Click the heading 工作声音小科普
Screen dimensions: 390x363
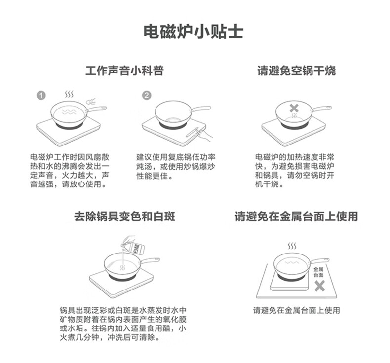(124, 71)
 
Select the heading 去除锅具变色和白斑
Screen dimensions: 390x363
(124, 217)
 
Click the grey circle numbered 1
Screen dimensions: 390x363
(41, 95)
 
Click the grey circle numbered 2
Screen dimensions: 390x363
(147, 95)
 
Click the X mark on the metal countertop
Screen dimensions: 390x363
(320, 286)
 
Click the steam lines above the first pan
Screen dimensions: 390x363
(71, 94)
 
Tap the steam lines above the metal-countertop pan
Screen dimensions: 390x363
(292, 245)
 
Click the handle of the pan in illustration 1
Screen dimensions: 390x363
(97, 108)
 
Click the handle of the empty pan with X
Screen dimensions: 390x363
(321, 108)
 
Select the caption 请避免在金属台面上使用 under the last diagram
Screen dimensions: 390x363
(296, 311)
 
